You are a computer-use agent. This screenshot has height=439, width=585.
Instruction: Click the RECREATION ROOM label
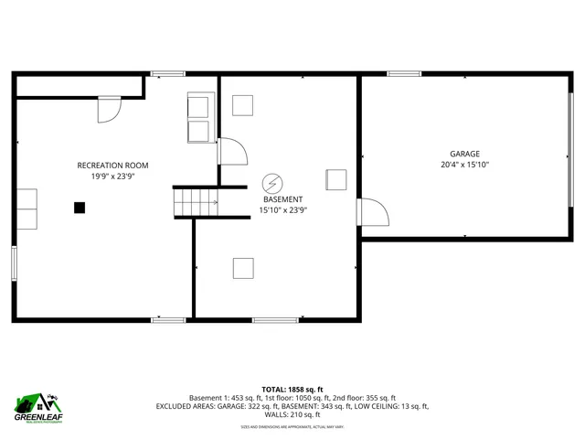(x=112, y=165)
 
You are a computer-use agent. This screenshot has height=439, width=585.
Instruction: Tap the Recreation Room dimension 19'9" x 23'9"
(x=112, y=177)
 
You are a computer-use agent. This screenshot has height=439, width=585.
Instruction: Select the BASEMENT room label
(x=282, y=198)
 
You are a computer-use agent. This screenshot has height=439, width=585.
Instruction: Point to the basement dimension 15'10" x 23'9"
(x=282, y=209)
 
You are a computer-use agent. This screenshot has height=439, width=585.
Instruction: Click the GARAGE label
(x=464, y=154)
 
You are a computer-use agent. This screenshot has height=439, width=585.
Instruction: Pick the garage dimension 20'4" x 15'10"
(x=464, y=166)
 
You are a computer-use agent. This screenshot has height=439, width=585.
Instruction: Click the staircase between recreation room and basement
(x=196, y=202)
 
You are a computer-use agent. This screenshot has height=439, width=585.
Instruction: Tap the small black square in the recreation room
(x=80, y=208)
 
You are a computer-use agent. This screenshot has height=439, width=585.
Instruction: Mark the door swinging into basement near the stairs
(x=231, y=151)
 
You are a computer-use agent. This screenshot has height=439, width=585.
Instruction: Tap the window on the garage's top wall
(x=403, y=73)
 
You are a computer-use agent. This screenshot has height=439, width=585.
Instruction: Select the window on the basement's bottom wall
(x=269, y=319)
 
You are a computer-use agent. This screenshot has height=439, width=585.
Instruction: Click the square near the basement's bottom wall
(x=243, y=268)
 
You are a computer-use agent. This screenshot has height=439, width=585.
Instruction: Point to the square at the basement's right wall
(x=336, y=179)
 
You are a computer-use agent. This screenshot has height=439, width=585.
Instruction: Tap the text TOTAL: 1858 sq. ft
(x=292, y=389)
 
